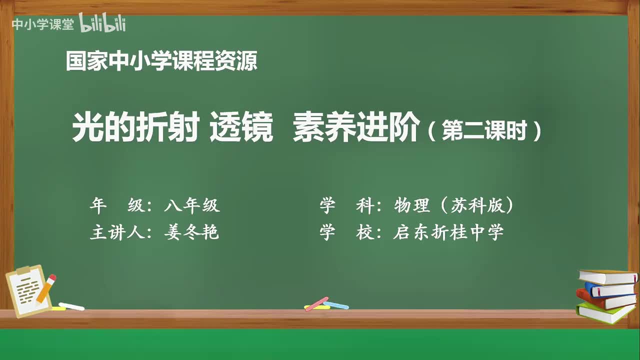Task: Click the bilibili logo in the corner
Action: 102,23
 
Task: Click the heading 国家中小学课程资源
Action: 161,62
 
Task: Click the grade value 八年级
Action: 191,205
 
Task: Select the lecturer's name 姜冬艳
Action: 191,232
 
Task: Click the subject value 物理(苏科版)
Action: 454,205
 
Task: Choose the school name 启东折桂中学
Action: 448,232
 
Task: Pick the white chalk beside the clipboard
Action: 71,306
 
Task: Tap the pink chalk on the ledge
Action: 316,303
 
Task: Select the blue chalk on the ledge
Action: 336,304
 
